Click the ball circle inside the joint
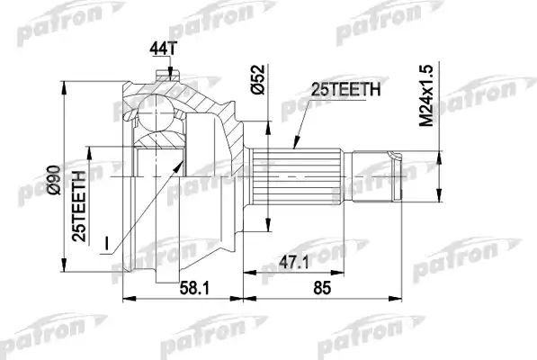(154, 113)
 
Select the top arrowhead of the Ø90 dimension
(63, 77)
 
